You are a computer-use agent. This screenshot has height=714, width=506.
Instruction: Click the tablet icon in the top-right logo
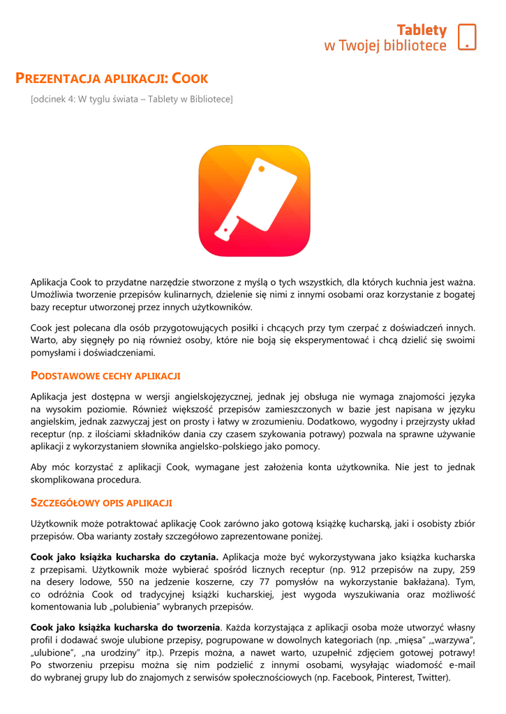coord(467,37)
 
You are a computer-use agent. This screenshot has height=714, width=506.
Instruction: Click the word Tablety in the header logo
coord(422,30)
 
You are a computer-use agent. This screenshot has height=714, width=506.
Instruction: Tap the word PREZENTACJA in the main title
coord(59,79)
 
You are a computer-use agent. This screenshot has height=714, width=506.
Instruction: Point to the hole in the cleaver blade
coord(259,169)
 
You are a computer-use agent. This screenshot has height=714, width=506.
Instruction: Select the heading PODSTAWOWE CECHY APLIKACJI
coord(105,376)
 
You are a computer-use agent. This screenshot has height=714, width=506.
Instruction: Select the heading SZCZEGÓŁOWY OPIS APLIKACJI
coord(102,503)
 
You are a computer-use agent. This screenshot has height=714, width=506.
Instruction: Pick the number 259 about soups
coord(468,569)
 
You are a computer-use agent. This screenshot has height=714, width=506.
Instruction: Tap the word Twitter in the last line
coord(433,677)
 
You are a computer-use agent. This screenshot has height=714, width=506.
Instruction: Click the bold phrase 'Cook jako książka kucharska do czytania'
coord(125,556)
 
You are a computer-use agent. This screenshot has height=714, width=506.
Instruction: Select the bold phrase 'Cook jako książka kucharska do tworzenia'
coord(126,627)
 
